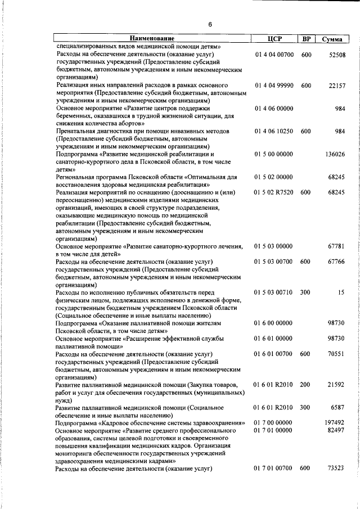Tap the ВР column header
(306, 39)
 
